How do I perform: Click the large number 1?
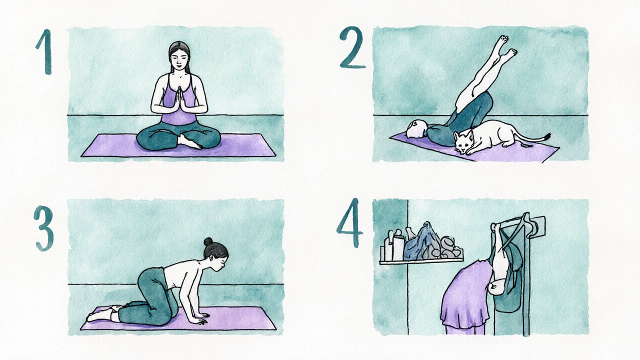click(x=45, y=51)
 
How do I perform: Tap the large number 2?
click(x=352, y=47)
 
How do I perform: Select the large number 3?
click(x=43, y=228)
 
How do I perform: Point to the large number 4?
click(x=350, y=223)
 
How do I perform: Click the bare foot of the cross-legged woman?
click(x=188, y=142)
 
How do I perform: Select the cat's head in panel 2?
click(x=464, y=142)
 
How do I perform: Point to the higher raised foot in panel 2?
click(x=502, y=40)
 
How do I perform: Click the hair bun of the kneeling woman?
click(x=208, y=241)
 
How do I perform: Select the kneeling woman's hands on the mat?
click(x=201, y=318)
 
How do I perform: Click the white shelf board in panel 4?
click(x=421, y=260)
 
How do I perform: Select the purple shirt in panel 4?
click(x=465, y=297)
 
